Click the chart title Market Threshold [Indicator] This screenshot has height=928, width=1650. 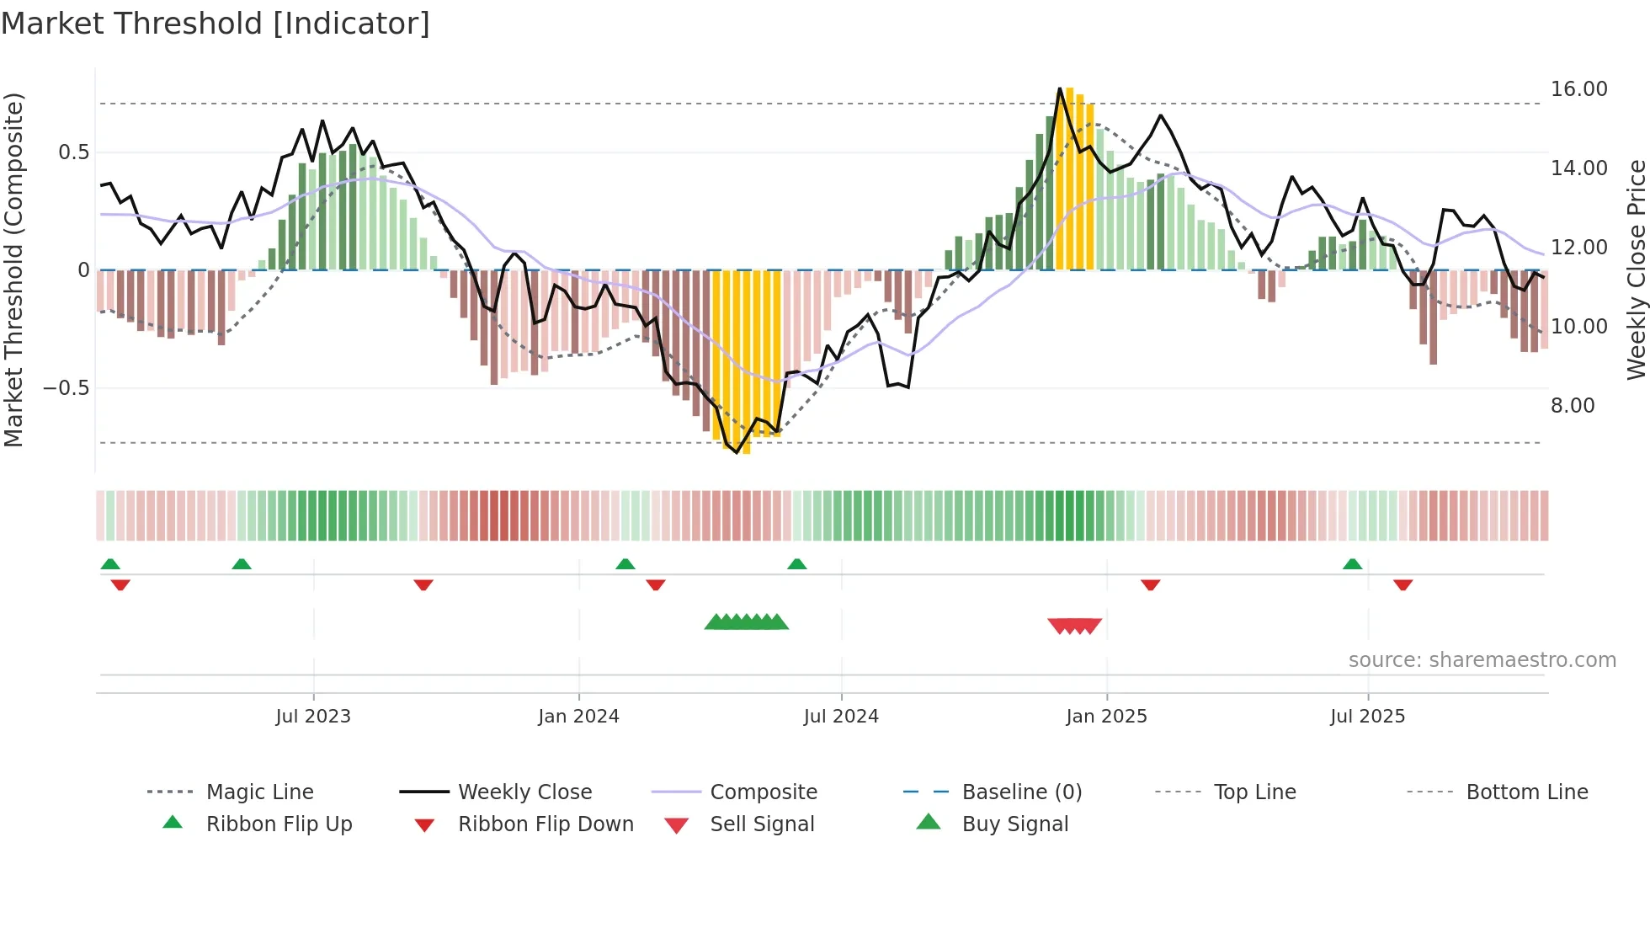coord(216,24)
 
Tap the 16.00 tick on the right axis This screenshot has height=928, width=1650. coord(1578,89)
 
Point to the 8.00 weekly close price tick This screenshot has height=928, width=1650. coord(1572,406)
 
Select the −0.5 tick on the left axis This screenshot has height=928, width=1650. coord(66,388)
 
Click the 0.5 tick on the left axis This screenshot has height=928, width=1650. coord(73,152)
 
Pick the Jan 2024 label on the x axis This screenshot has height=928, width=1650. coord(578,717)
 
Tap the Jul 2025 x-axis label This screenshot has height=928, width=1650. coord(1367,717)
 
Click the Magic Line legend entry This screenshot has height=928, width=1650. coord(259,792)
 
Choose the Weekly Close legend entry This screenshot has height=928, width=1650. coord(524,792)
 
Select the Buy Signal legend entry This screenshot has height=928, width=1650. coord(1014,824)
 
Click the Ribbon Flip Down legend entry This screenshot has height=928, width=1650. coord(545,824)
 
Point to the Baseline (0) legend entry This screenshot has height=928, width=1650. coord(1021,792)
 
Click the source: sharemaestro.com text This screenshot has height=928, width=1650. coord(1482,660)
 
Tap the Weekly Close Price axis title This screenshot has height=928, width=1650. coord(1636,269)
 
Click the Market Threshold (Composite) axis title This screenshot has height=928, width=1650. coord(13,269)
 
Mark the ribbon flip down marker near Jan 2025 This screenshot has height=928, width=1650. coord(1150,584)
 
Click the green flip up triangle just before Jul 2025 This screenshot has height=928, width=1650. coord(1352,564)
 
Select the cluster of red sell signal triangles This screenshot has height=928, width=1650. coord(1074,626)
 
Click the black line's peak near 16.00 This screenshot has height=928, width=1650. coord(1060,88)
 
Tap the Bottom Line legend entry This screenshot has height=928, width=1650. coord(1526,792)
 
